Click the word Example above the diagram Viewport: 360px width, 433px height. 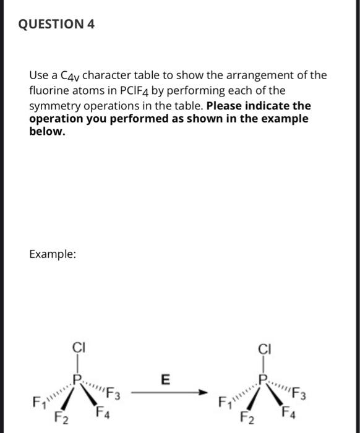tap(53, 254)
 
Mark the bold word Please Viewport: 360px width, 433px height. tap(236, 106)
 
